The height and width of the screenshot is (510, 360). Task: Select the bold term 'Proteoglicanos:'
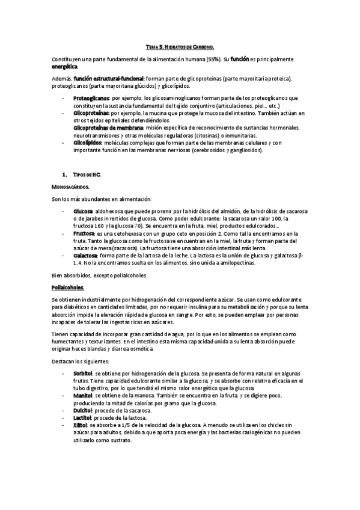(x=91, y=97)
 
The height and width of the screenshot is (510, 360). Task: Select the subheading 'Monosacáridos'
(x=71, y=187)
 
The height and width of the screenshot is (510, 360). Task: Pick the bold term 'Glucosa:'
(x=84, y=212)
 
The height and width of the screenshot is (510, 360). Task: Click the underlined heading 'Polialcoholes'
(x=68, y=287)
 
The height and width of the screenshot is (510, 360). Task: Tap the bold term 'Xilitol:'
(x=82, y=425)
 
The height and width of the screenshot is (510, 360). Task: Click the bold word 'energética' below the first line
(x=64, y=66)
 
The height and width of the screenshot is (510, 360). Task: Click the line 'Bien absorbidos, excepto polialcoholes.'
(x=100, y=275)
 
